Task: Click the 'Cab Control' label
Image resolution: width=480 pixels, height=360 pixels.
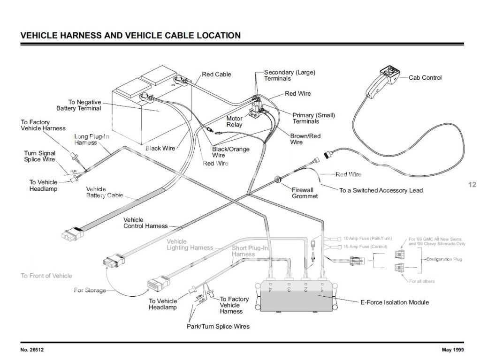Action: point(425,78)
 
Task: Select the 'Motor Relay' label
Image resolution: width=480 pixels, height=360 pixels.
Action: point(235,121)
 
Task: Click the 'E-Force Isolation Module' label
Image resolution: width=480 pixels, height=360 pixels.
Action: point(394,302)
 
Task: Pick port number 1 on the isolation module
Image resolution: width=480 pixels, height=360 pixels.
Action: point(322,290)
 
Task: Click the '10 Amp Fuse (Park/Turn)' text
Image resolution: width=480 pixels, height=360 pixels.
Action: point(367,239)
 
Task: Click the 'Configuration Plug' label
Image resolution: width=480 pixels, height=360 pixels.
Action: point(444,259)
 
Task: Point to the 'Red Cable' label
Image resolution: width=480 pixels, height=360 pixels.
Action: point(216,75)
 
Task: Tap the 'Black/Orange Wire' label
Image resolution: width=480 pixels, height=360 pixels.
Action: point(230,152)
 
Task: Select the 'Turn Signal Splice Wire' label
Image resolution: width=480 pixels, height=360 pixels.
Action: point(39,156)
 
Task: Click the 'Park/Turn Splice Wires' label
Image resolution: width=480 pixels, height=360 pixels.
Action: point(218,326)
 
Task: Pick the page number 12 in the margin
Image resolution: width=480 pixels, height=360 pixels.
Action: point(472,185)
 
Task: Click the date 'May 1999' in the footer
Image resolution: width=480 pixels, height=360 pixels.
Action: point(453,350)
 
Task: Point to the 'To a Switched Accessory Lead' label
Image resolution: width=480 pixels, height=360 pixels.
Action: point(381,190)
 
